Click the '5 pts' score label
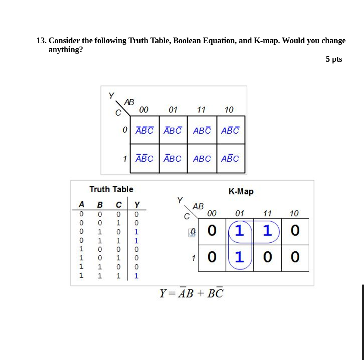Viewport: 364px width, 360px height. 334,59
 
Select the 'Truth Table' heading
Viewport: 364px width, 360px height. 111,189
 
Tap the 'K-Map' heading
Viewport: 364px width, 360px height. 241,191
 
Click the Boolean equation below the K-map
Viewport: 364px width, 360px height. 191,293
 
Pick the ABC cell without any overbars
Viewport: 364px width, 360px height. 202,159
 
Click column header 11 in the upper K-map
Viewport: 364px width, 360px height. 201,110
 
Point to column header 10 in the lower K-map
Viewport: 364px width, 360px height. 294,213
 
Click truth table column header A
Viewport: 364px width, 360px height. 81,204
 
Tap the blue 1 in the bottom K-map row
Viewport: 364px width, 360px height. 239,257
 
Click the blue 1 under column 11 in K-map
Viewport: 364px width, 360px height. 267,231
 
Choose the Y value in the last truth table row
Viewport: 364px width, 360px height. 137,276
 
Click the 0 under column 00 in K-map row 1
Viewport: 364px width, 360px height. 211,257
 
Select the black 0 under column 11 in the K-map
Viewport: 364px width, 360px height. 267,257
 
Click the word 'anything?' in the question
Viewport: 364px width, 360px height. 66,50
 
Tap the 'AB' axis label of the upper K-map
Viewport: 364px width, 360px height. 129,102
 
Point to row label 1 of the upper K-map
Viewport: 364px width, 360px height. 125,159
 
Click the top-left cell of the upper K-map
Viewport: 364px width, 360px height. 144,130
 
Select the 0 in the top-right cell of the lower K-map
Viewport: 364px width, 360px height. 295,231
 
